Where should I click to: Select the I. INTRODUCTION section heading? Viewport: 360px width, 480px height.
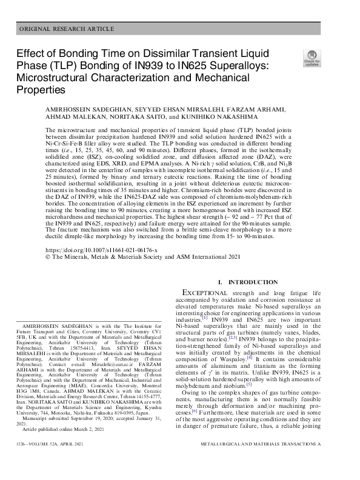click(252, 282)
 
